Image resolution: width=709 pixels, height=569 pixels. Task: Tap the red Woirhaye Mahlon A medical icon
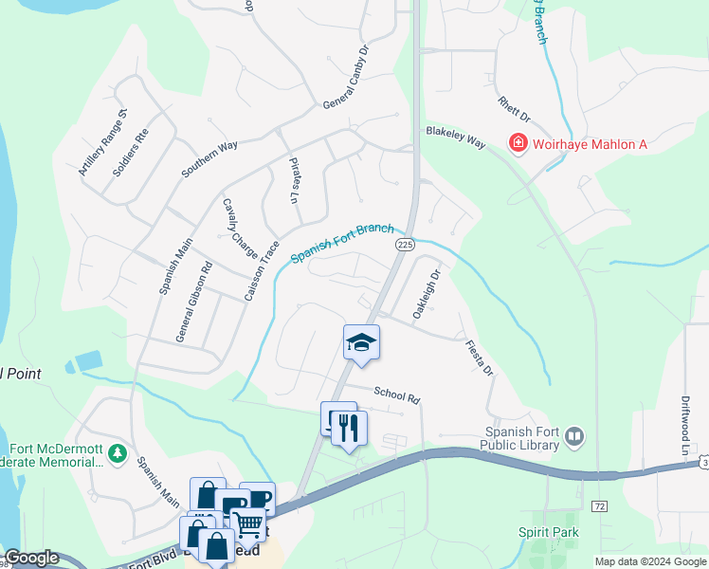(518, 143)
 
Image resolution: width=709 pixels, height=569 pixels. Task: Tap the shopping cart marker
(248, 523)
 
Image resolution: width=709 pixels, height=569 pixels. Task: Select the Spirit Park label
(548, 533)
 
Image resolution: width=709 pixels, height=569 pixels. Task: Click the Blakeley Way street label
(455, 138)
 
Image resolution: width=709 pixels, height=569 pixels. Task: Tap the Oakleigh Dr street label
(427, 293)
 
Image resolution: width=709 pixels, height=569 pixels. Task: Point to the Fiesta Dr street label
(480, 358)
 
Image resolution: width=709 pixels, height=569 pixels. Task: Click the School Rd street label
(396, 395)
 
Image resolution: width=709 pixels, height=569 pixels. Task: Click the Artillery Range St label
(102, 143)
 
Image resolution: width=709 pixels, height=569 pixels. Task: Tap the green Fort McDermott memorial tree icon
(117, 454)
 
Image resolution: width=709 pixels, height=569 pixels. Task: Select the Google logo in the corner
(31, 558)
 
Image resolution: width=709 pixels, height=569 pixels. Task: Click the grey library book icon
(573, 436)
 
